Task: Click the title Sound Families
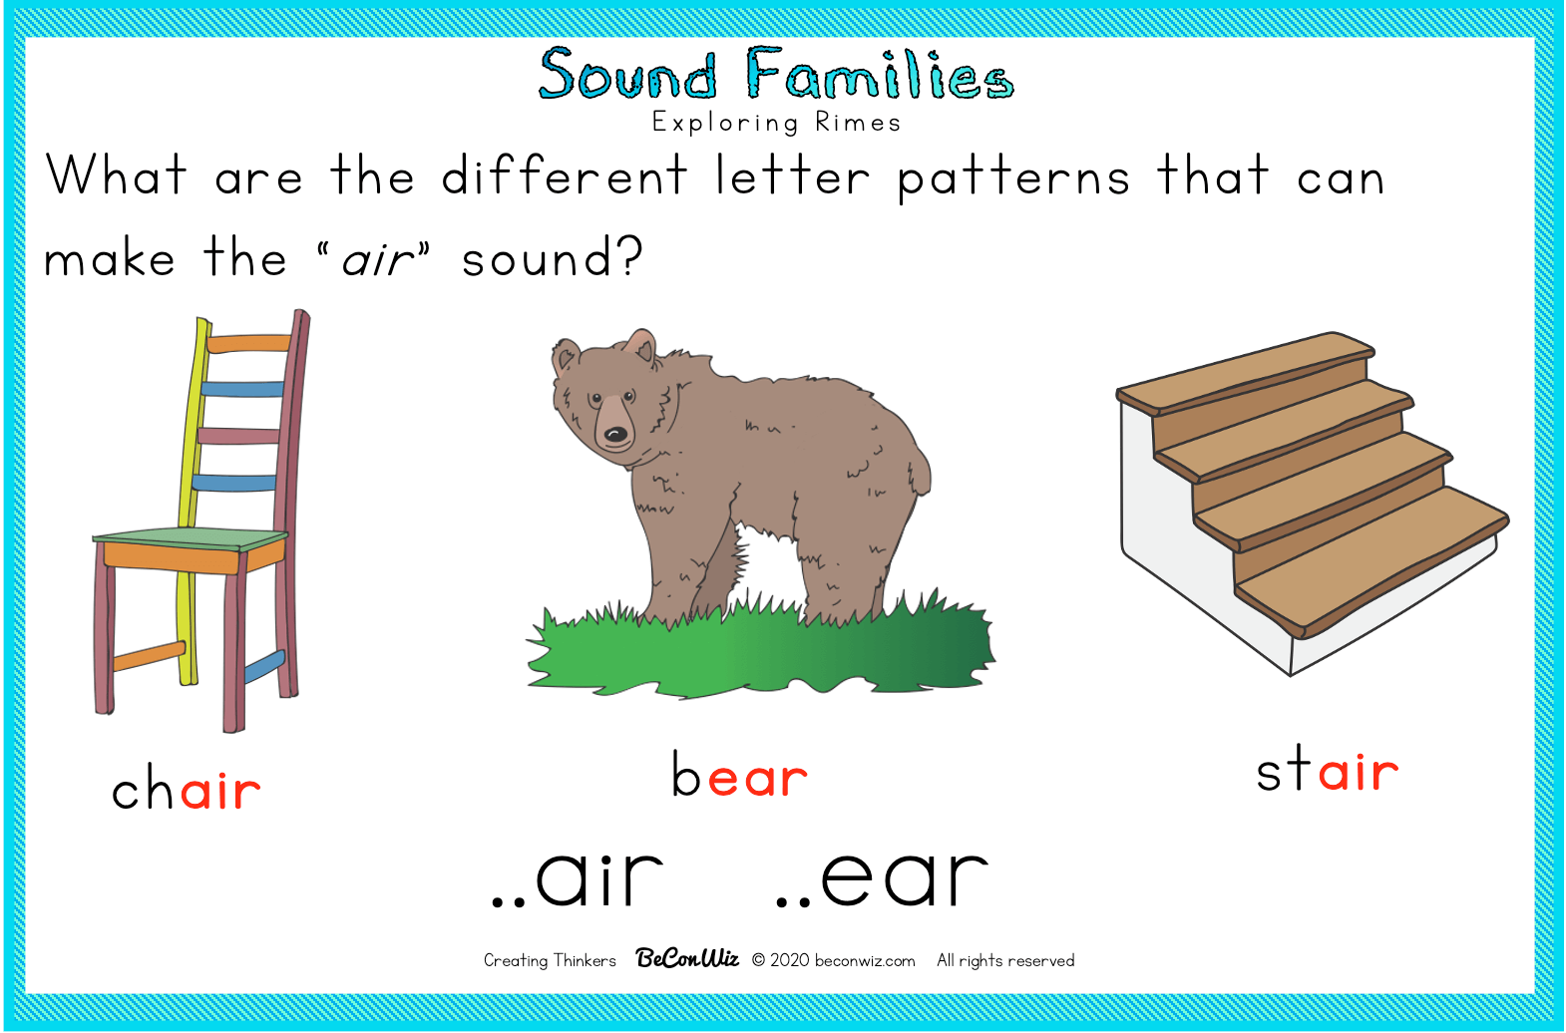click(x=775, y=73)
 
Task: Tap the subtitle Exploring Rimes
click(x=777, y=124)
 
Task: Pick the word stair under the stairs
click(x=1327, y=768)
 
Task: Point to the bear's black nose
click(x=615, y=435)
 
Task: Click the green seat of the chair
click(x=191, y=538)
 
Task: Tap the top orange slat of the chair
click(x=249, y=343)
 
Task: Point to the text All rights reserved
click(x=1005, y=961)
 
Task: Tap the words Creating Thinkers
click(x=550, y=961)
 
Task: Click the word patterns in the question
click(x=1013, y=178)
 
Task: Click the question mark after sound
click(x=628, y=256)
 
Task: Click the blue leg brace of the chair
click(x=265, y=667)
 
